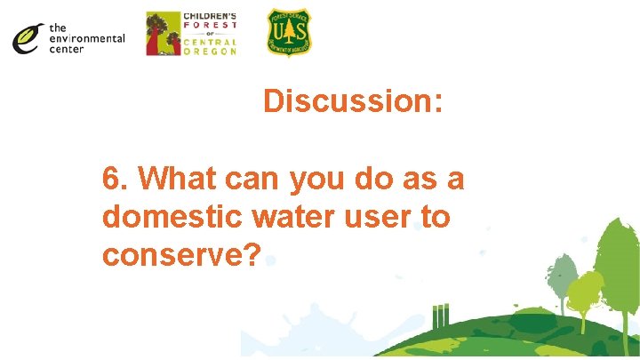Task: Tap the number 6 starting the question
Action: point(112,179)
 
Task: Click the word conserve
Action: point(172,256)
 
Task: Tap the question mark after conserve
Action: point(252,254)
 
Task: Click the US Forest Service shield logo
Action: point(289,33)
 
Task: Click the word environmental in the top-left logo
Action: point(87,38)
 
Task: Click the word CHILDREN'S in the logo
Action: point(210,17)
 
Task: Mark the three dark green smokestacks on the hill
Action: point(439,316)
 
